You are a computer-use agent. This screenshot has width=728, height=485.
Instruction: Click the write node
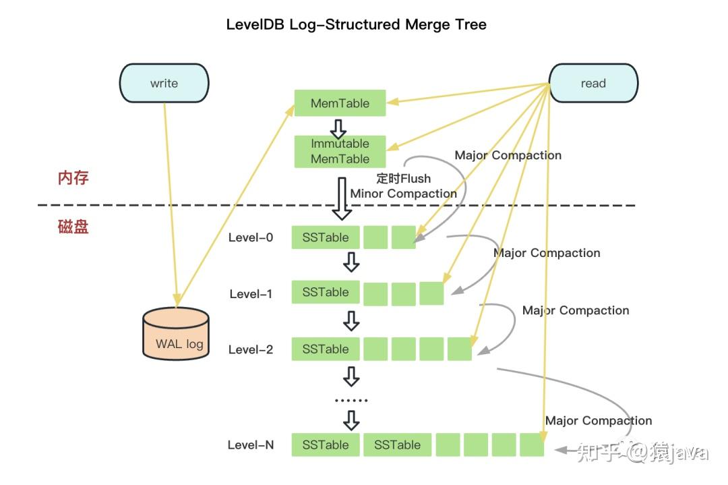[164, 83]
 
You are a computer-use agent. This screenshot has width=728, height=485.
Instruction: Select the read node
[593, 83]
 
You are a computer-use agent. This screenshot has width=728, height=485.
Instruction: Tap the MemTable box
[340, 103]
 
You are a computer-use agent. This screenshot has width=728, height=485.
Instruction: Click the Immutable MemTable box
[340, 151]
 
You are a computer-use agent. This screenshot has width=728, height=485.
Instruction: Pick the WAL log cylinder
[176, 333]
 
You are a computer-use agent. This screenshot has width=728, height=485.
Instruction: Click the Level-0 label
[251, 237]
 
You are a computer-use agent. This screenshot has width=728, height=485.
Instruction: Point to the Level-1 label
[251, 293]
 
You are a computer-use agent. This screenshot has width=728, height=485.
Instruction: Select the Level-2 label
[251, 349]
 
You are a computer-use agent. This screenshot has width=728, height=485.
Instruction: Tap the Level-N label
[251, 445]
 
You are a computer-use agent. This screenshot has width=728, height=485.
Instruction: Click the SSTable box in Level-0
[326, 237]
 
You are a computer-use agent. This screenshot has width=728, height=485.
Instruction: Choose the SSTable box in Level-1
[326, 292]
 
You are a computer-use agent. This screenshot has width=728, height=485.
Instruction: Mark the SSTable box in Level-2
[326, 349]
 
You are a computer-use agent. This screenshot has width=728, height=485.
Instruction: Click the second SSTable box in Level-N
[398, 445]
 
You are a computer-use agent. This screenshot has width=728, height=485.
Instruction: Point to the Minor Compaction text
[404, 193]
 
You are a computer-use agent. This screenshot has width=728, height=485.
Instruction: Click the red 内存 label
[73, 177]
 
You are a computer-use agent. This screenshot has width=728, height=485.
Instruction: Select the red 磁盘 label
[73, 227]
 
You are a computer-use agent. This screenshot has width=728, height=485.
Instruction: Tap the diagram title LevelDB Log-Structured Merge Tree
[356, 24]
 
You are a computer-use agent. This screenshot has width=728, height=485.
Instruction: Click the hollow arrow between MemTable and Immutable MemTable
[338, 129]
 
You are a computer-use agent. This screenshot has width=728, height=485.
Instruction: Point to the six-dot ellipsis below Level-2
[351, 400]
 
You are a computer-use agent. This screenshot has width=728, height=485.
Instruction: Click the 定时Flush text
[404, 178]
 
